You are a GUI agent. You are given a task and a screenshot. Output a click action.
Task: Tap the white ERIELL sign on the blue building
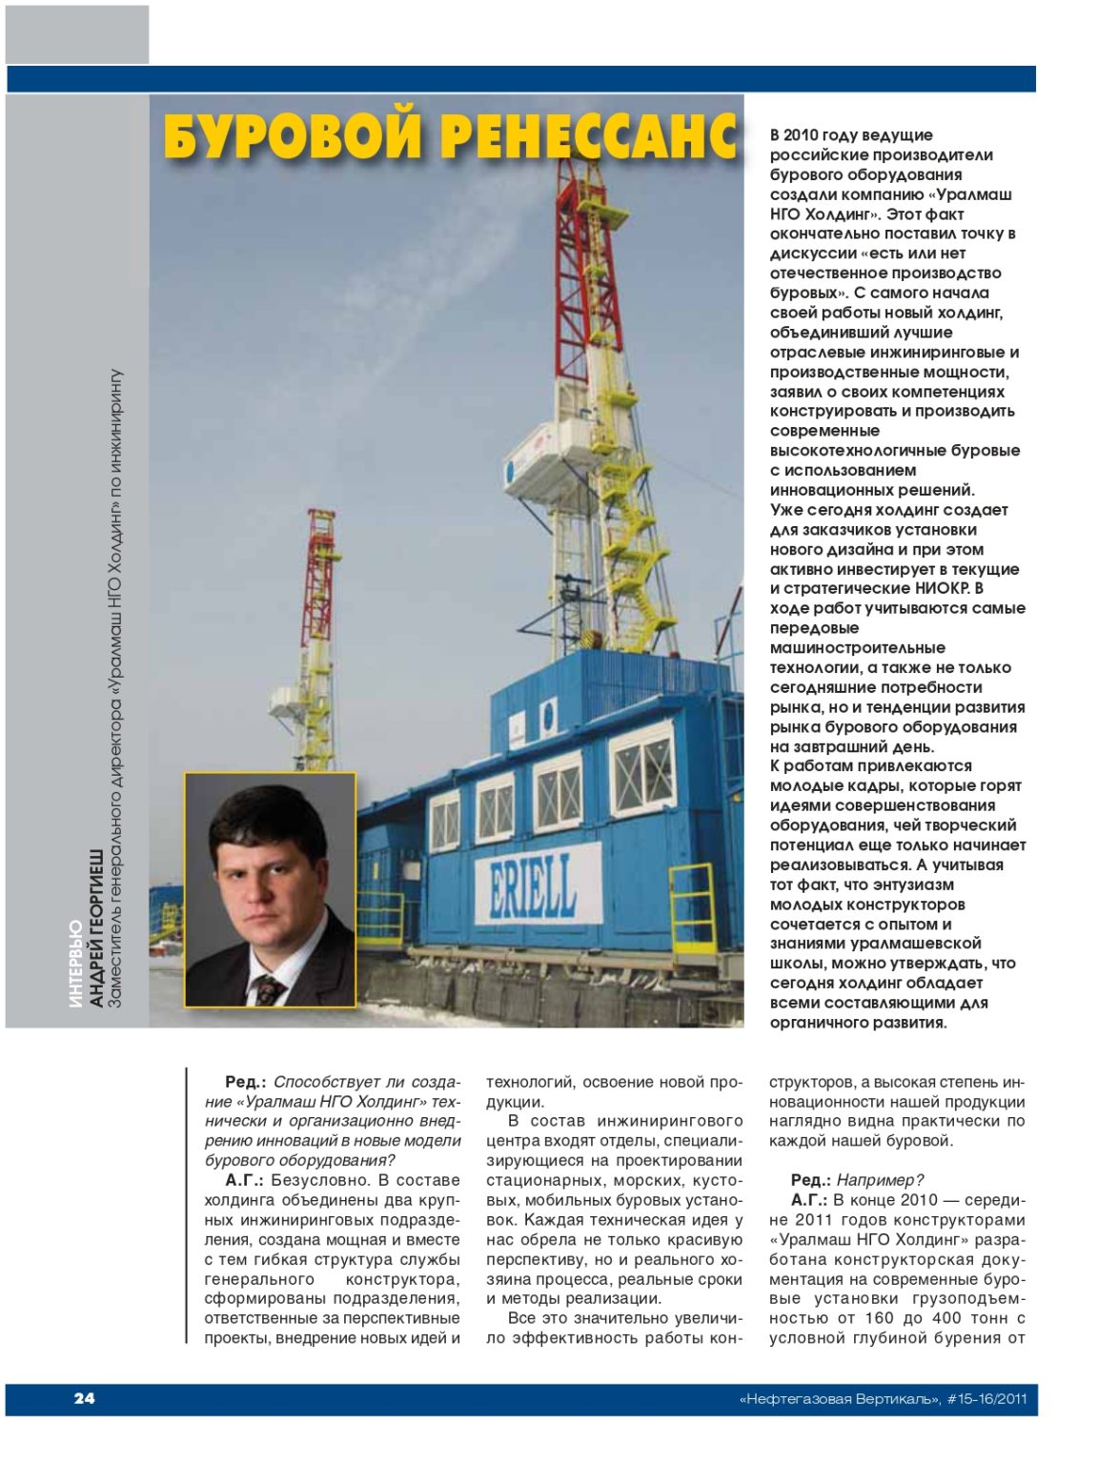[x=539, y=884]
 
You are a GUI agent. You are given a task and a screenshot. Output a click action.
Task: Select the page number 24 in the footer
[x=85, y=1398]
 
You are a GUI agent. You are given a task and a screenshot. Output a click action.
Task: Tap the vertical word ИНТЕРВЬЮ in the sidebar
[x=76, y=964]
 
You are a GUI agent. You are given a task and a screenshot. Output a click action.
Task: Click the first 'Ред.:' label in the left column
[x=245, y=1082]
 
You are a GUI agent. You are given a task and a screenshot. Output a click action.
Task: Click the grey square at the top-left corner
[x=77, y=34]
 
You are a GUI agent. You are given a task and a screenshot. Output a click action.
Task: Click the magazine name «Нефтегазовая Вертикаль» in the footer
[x=839, y=1399]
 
